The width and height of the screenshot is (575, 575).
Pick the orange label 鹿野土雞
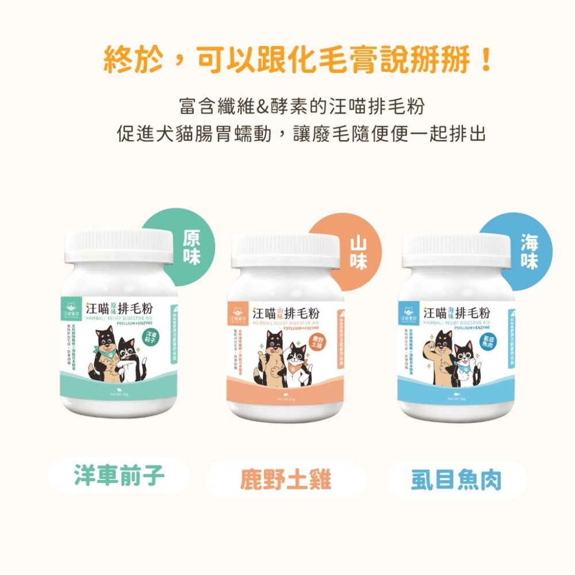(286, 479)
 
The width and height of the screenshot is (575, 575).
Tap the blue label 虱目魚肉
(456, 479)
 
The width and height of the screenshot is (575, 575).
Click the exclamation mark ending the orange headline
(487, 61)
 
